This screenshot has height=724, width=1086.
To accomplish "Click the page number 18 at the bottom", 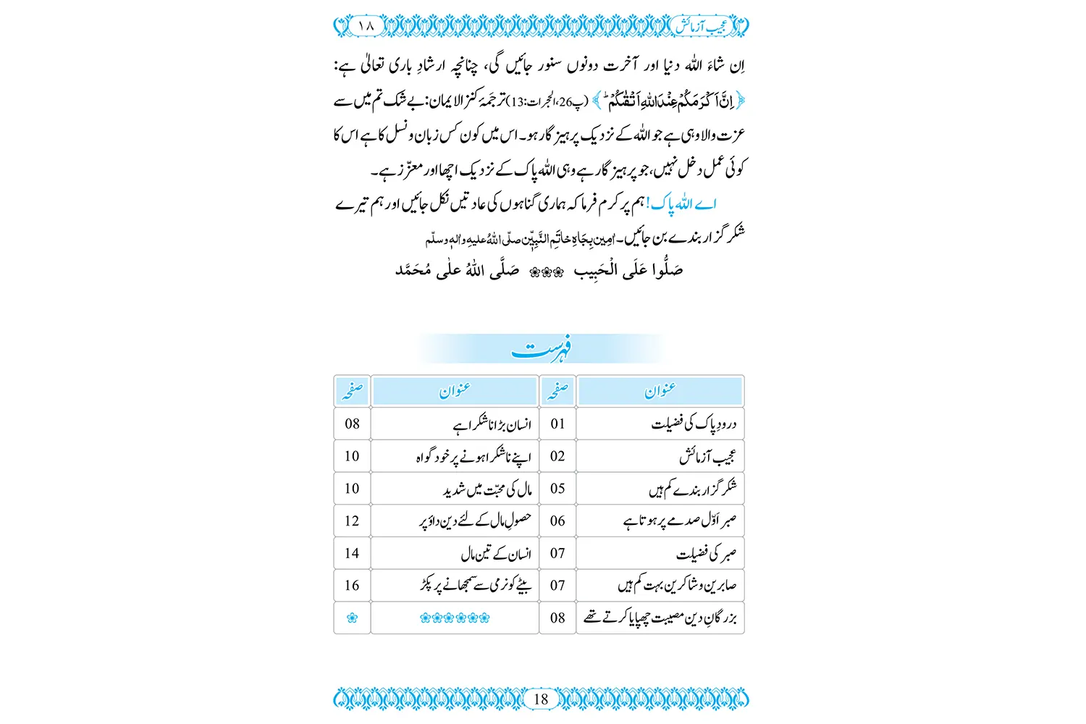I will [541, 699].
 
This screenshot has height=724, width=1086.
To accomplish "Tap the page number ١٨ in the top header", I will [366, 25].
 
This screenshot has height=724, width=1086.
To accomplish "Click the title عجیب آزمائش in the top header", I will [702, 26].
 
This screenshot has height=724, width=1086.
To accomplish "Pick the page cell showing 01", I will [557, 424].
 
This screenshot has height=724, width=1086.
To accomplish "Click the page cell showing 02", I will [557, 456].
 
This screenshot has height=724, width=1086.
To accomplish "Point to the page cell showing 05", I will [557, 489].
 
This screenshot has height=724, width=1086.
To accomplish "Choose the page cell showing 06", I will [557, 521].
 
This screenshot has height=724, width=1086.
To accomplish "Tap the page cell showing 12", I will [352, 521].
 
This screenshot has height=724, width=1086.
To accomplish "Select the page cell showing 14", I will [352, 553].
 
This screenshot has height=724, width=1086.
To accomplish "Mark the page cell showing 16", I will [352, 585].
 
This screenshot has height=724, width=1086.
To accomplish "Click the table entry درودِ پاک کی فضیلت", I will [694, 424].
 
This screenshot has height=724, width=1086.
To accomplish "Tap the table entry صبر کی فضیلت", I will [706, 554].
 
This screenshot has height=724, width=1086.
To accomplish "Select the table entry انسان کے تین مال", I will [496, 554].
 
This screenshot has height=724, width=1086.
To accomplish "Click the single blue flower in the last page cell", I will [352, 618].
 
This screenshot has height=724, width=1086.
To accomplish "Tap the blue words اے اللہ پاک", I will [683, 204].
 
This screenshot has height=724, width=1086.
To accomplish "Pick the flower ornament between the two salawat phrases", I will [547, 272].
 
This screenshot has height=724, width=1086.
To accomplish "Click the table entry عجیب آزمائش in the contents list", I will [707, 457].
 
